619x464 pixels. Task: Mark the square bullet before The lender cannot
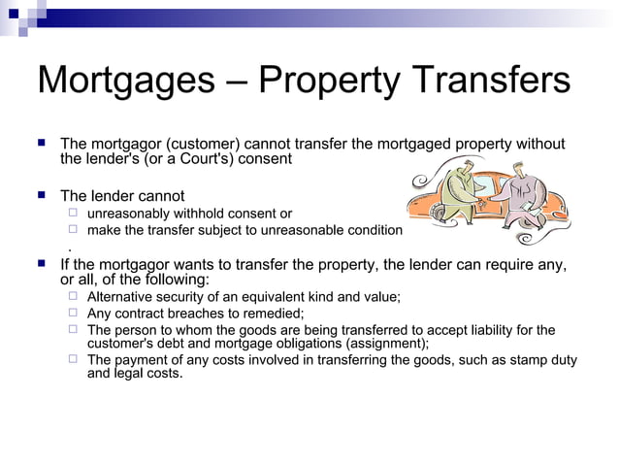click(41, 195)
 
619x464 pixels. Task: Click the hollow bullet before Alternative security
click(73, 296)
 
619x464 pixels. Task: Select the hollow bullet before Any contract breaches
click(73, 313)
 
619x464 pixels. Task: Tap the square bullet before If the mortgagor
click(41, 263)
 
